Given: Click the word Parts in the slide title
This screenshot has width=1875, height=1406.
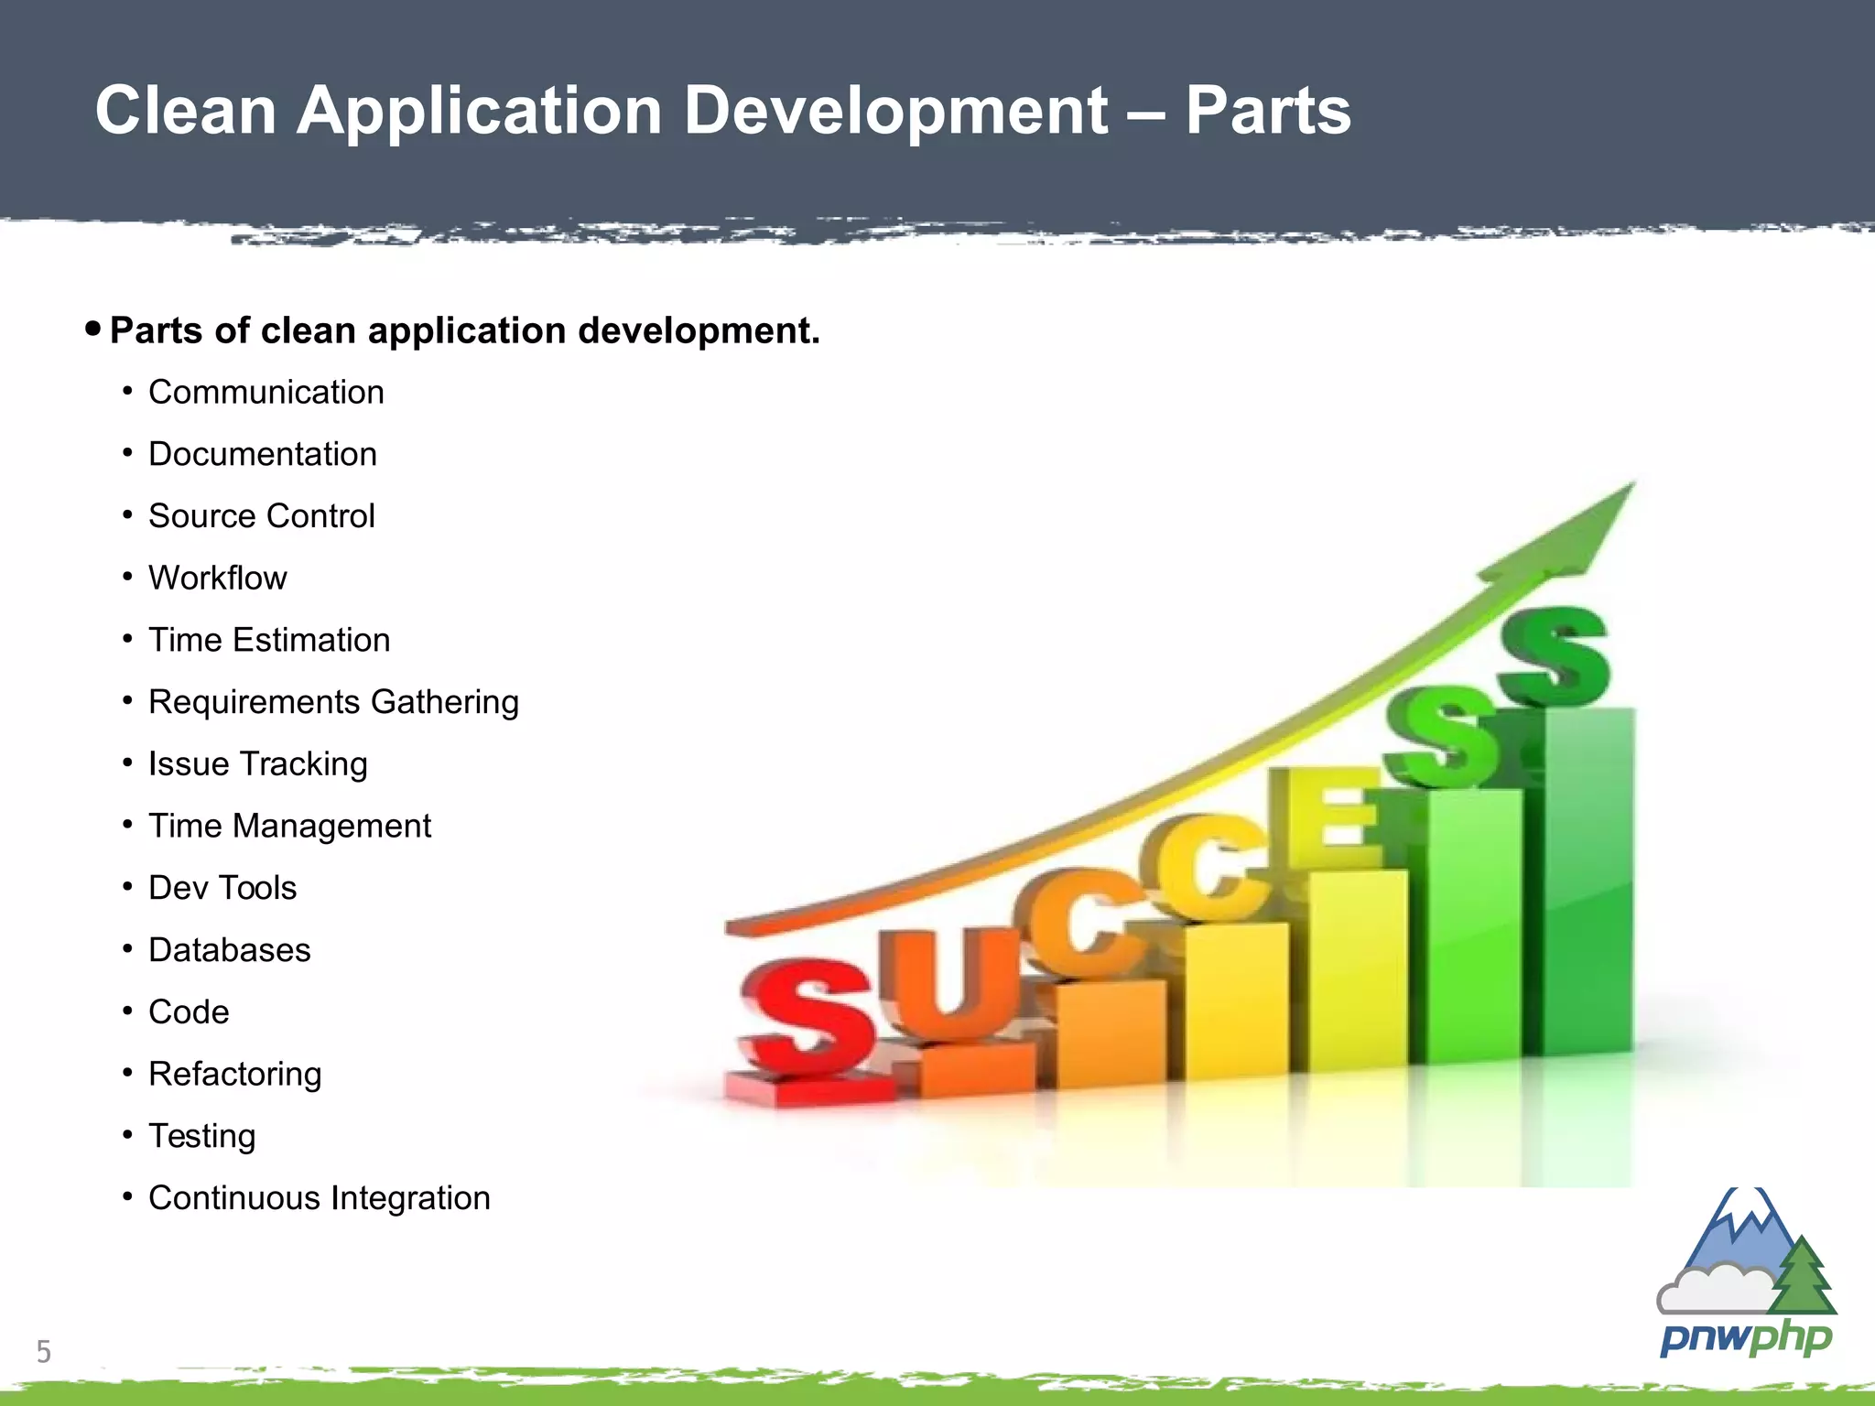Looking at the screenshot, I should (x=1267, y=112).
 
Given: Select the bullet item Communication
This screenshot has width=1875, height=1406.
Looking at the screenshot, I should (x=266, y=393).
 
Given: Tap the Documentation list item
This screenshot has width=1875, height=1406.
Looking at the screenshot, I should (x=262, y=455).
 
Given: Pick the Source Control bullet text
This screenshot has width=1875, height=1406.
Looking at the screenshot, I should (x=261, y=517).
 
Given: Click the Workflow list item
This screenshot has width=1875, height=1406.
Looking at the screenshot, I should (x=217, y=579).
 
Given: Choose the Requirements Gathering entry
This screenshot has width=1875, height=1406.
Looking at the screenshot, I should (x=333, y=703).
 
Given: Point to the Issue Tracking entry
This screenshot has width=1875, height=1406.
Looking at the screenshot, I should (x=257, y=764).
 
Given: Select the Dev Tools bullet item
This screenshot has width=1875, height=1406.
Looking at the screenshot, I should (x=222, y=889).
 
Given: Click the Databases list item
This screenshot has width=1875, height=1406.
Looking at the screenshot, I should (x=229, y=951).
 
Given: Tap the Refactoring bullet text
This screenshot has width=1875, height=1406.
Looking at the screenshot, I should (x=234, y=1075).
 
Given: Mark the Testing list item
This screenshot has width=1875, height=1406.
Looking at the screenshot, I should (x=201, y=1137).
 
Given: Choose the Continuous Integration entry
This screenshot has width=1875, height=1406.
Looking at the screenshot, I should (x=319, y=1199).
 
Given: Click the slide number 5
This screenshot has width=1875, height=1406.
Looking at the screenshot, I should (x=43, y=1352).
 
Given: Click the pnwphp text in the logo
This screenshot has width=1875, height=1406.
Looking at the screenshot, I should (x=1746, y=1338).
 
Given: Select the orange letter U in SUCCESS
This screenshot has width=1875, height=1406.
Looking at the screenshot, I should (x=952, y=984).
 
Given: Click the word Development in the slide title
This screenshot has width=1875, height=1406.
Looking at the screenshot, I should (x=896, y=112).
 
